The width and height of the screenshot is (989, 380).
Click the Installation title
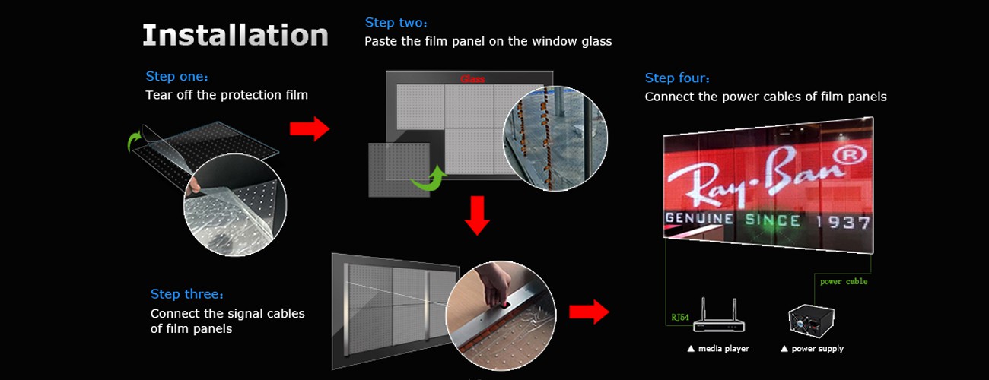[235, 35]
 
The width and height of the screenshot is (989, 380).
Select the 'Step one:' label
[177, 76]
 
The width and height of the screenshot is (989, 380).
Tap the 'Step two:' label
[396, 23]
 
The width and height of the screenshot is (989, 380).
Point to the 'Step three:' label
[186, 294]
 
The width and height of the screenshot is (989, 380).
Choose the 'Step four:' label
[677, 78]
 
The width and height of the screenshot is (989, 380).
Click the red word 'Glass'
[472, 79]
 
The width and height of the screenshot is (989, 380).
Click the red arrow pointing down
[477, 216]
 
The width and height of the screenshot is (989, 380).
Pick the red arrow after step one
[310, 128]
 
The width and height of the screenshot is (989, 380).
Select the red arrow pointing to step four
[589, 312]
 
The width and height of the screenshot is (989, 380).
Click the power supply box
[812, 321]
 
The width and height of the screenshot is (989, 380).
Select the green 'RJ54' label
[680, 318]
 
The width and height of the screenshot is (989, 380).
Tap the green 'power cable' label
[844, 281]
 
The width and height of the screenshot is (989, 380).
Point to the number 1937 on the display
[843, 222]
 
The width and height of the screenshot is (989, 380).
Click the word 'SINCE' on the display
[772, 220]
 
